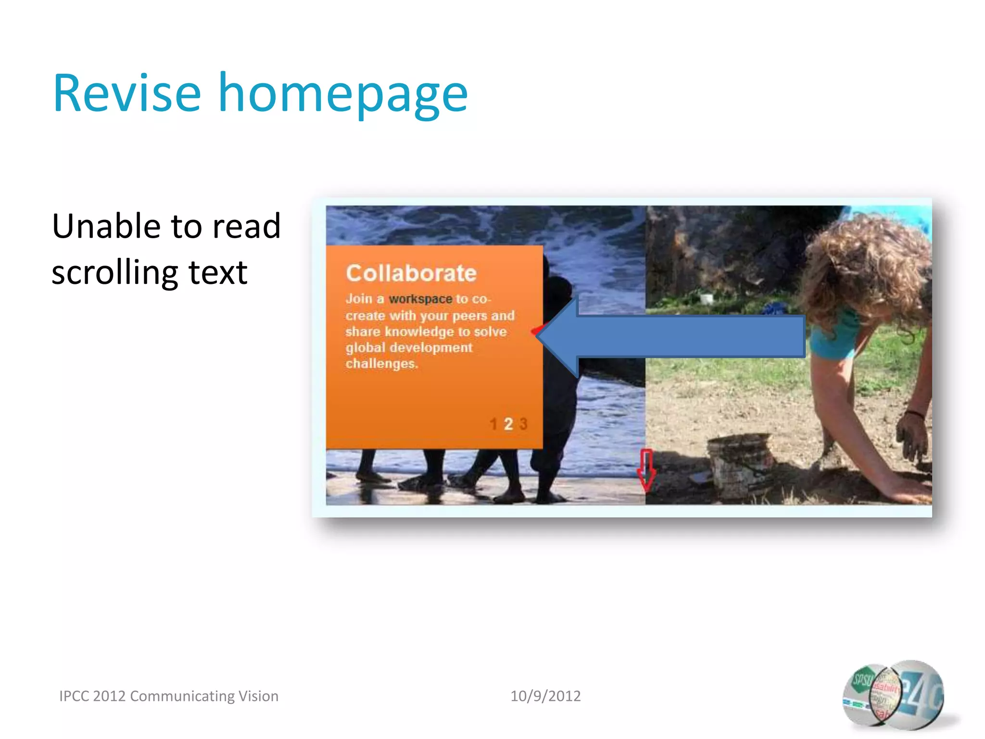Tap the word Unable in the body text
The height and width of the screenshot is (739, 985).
(106, 226)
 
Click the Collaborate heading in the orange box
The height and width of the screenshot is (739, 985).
(411, 273)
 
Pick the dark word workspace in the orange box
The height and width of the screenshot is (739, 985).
(420, 299)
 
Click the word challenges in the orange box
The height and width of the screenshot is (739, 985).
(381, 364)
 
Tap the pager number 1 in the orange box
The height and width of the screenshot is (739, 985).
(493, 424)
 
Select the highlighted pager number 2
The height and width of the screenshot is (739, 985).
(508, 424)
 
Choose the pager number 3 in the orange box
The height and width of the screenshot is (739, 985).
(523, 424)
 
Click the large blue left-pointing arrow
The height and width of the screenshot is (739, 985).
(673, 337)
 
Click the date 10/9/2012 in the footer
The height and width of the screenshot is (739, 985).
(545, 696)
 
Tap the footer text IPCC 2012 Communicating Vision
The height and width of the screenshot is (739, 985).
(169, 696)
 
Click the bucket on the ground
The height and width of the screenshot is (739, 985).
(738, 464)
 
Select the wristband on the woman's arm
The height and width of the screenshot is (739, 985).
(914, 414)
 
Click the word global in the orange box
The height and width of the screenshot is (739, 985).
(366, 348)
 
